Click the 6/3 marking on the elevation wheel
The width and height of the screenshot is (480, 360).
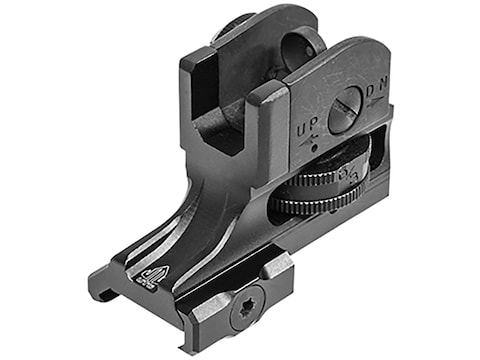click(x=353, y=176)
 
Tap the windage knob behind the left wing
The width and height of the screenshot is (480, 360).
click(x=232, y=27)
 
